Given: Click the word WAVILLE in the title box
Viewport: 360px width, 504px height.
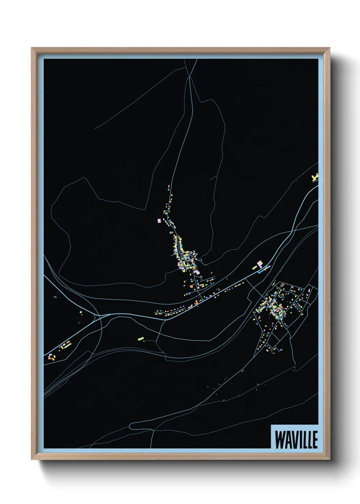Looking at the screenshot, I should pyautogui.click(x=296, y=440).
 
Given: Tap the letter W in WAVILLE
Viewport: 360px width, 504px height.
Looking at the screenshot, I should pyautogui.click(x=280, y=440).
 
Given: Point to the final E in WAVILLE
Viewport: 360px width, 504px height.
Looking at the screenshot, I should pyautogui.click(x=315, y=440).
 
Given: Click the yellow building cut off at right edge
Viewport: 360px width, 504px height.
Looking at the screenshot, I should pyautogui.click(x=315, y=177).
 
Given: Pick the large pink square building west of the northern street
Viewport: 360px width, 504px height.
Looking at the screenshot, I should pyautogui.click(x=159, y=221).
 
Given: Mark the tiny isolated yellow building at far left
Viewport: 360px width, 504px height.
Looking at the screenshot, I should pyautogui.click(x=55, y=297).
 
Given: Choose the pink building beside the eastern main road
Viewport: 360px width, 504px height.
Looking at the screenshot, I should pyautogui.click(x=260, y=263).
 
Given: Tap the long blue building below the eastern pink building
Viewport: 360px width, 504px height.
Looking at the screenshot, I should pyautogui.click(x=262, y=271).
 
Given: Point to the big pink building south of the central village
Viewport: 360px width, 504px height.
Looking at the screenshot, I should pyautogui.click(x=198, y=272).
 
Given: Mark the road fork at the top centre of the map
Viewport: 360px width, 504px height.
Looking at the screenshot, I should pyautogui.click(x=190, y=77).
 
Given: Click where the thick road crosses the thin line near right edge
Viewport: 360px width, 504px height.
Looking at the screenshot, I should pyautogui.click(x=293, y=231).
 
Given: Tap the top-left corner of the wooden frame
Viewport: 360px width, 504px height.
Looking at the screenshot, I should pyautogui.click(x=32, y=48).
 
